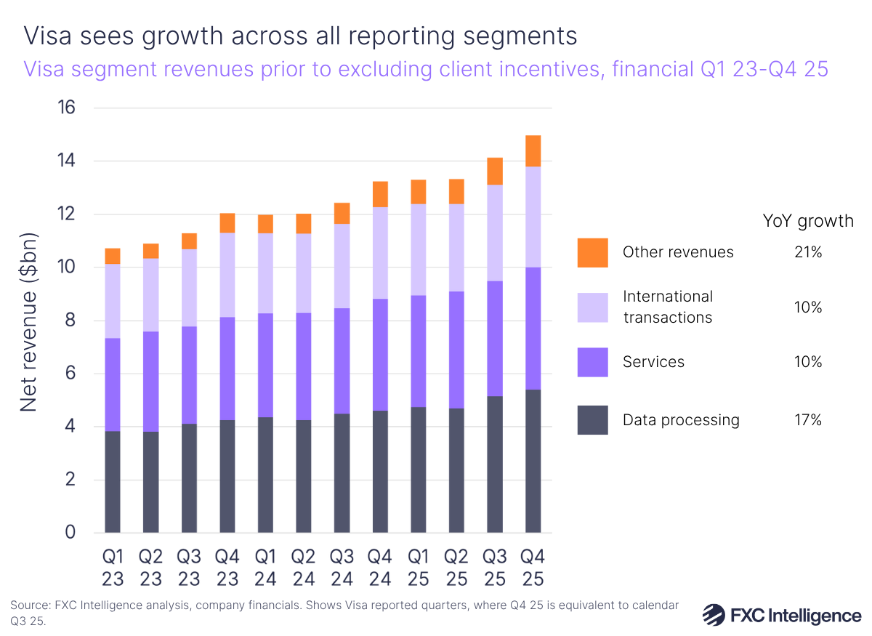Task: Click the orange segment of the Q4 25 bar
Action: (x=533, y=150)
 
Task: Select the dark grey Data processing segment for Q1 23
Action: (x=113, y=481)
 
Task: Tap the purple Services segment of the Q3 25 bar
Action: (x=495, y=338)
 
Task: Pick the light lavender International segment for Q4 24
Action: (x=380, y=253)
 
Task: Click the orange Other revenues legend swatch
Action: (x=592, y=252)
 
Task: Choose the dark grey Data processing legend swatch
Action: (x=592, y=419)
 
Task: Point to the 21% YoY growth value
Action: (x=808, y=252)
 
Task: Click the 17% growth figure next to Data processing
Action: (x=808, y=419)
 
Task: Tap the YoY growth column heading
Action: (x=808, y=221)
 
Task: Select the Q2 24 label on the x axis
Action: (x=304, y=568)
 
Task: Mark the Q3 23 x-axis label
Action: (x=189, y=568)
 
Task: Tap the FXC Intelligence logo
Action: (x=782, y=615)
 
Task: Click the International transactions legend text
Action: (x=667, y=307)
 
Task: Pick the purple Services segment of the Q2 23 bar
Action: (x=150, y=382)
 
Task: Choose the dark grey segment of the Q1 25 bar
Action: (x=419, y=470)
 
